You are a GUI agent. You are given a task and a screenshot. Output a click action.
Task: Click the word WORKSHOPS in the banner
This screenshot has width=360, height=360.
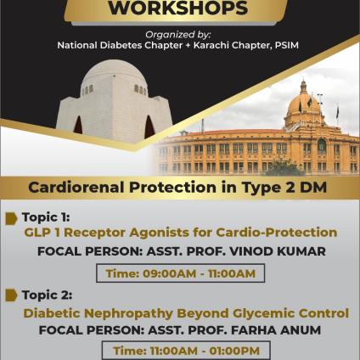click(178, 8)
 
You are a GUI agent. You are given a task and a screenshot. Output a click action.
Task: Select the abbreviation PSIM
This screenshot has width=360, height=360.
click(286, 45)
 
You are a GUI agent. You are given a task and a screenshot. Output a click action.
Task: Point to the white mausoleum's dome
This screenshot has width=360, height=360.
click(113, 75)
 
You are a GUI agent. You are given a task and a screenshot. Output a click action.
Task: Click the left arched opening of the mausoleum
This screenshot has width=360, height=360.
click(78, 125)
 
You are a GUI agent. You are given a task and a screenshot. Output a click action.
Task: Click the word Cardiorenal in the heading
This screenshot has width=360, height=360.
click(76, 188)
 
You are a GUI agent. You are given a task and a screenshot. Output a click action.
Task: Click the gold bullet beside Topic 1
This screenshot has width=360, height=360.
click(11, 218)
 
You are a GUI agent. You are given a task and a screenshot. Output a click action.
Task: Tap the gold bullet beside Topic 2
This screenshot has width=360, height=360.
click(11, 295)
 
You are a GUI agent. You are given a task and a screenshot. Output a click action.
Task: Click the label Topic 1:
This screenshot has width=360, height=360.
click(46, 217)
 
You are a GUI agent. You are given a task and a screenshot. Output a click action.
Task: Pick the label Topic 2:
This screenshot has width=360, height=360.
click(47, 295)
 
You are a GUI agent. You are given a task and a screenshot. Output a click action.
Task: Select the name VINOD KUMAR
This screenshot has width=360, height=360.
click(277, 251)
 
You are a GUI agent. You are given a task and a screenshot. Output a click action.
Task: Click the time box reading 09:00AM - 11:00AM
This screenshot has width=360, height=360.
click(181, 273)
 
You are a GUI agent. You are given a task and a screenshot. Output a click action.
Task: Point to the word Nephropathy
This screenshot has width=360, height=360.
click(128, 313)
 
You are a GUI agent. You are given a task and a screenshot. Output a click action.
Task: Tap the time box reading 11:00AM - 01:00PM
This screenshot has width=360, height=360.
click(186, 351)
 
